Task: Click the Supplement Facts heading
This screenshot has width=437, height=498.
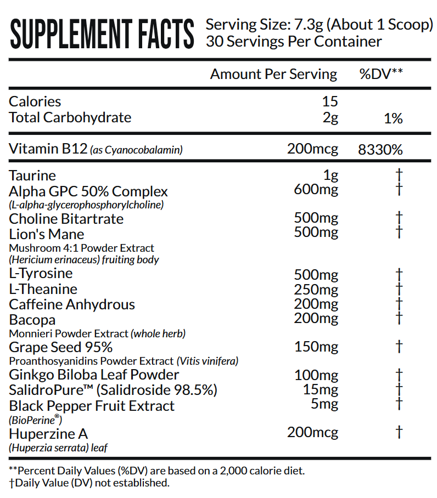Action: click(x=102, y=34)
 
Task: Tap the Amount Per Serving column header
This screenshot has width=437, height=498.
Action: click(x=273, y=74)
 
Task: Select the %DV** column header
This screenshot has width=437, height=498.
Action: click(x=381, y=74)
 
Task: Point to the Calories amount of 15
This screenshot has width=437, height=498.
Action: click(x=330, y=101)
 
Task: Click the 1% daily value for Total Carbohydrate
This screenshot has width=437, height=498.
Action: click(x=394, y=118)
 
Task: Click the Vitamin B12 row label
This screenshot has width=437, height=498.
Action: click(x=48, y=149)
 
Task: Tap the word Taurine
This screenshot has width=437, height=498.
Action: click(x=33, y=176)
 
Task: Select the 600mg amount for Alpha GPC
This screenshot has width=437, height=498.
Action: click(x=316, y=190)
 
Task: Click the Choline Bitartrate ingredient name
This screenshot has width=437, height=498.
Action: click(x=66, y=219)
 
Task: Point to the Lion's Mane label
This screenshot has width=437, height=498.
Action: click(x=47, y=234)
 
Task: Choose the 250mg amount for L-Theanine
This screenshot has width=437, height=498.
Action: click(x=316, y=290)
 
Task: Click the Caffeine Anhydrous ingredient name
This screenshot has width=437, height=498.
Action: click(x=72, y=304)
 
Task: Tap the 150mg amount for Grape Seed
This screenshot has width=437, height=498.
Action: click(x=316, y=347)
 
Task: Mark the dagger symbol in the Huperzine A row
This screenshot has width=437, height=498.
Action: click(x=399, y=433)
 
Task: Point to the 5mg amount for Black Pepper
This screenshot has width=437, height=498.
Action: click(x=324, y=405)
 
